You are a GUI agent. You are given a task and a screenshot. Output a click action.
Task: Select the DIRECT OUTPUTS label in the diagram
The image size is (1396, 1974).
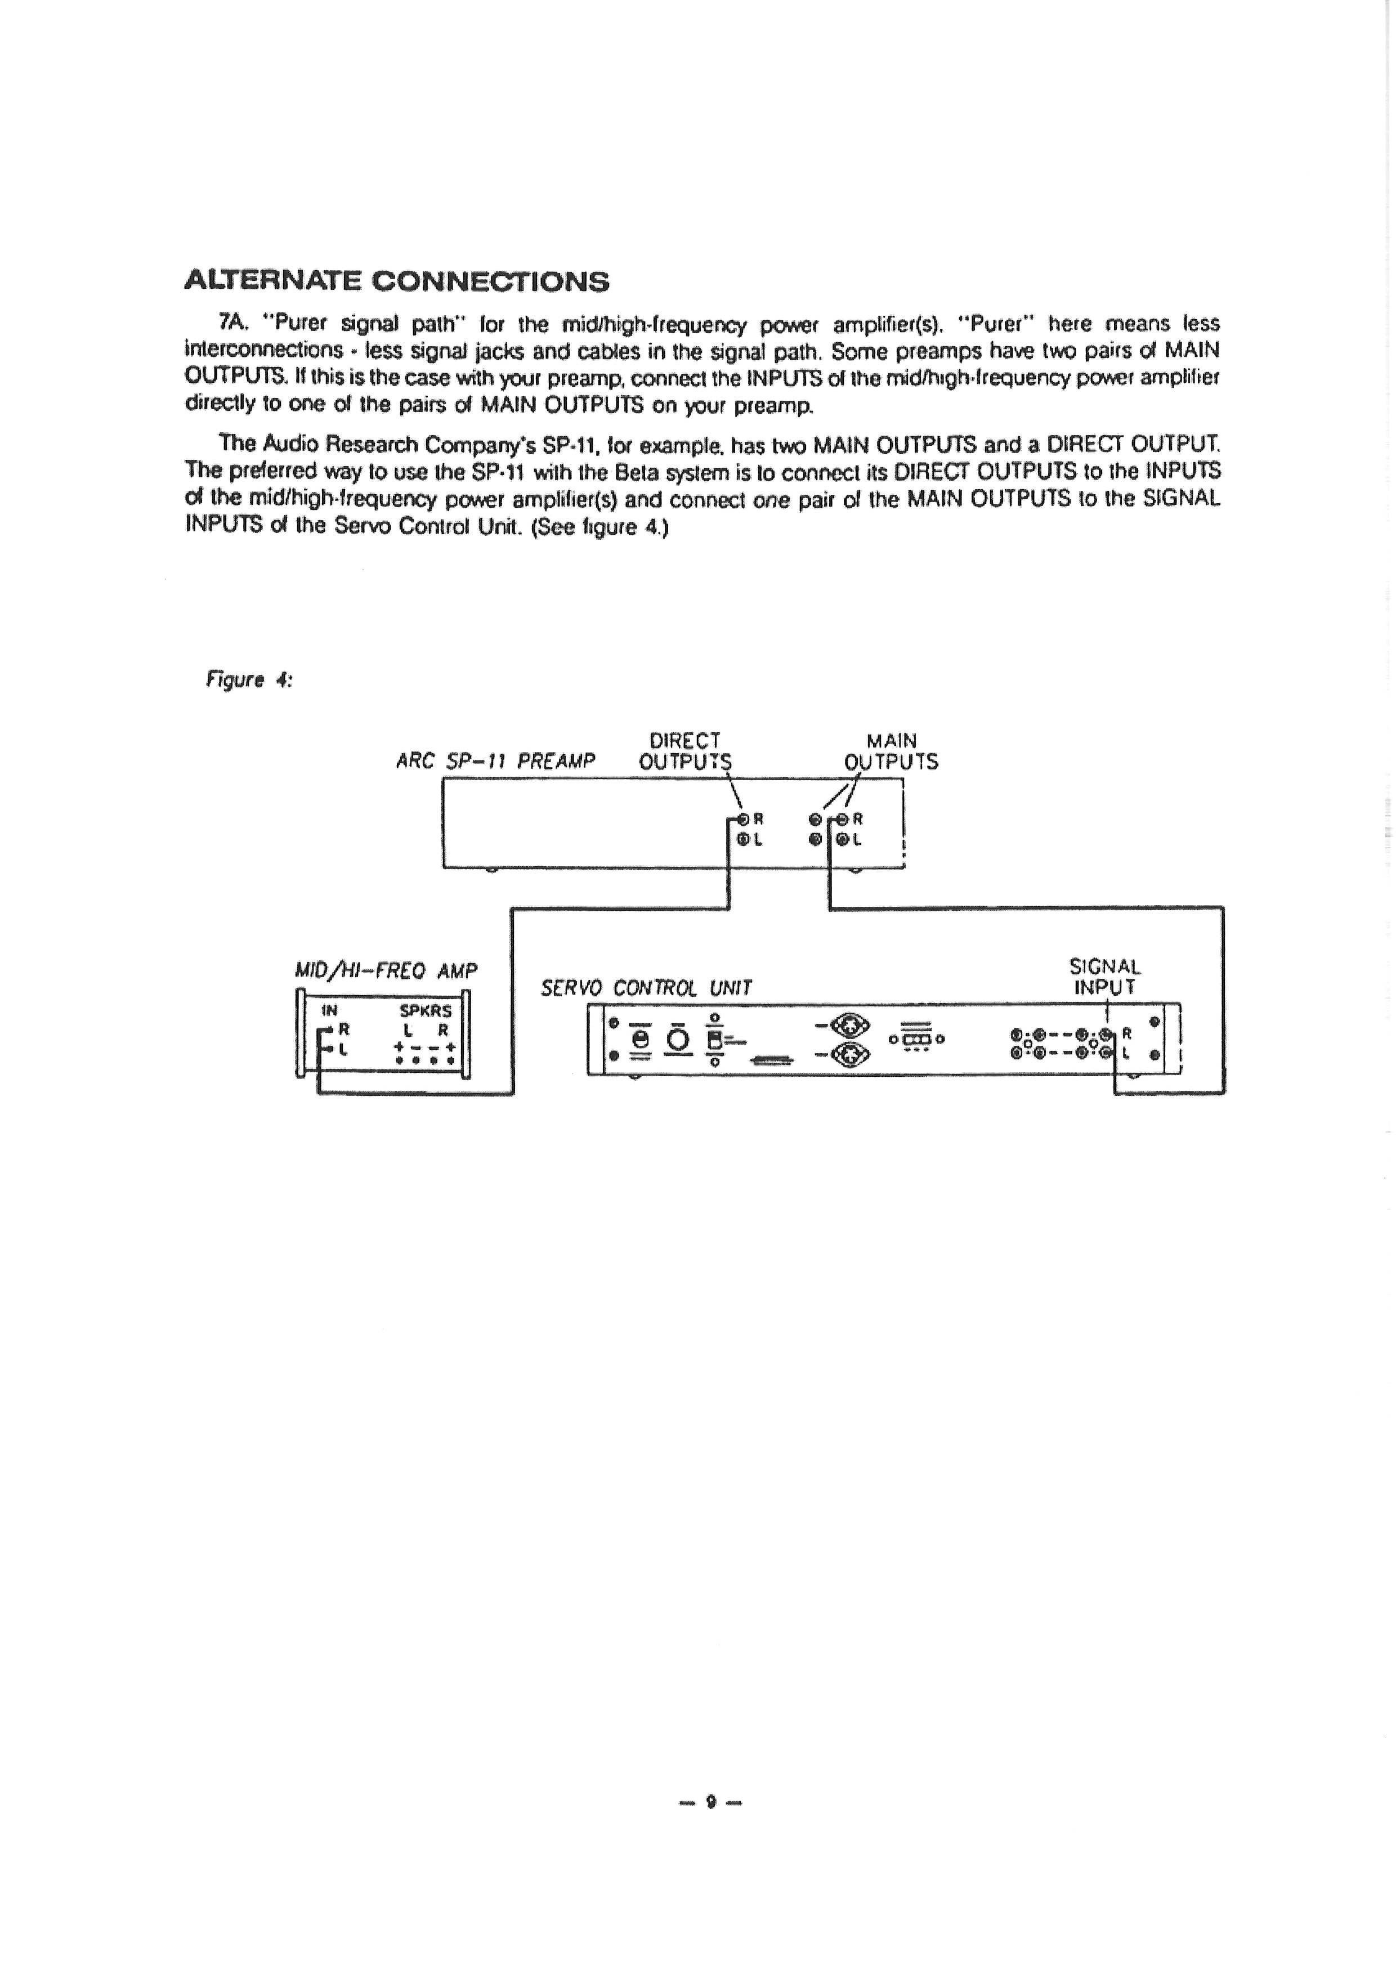click(x=685, y=751)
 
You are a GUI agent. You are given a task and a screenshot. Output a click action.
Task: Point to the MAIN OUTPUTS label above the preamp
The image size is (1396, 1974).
click(x=892, y=751)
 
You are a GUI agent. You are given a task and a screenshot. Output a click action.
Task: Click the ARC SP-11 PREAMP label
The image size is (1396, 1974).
click(x=495, y=762)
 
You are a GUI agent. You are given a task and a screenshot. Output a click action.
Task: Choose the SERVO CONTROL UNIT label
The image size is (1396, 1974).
click(x=646, y=989)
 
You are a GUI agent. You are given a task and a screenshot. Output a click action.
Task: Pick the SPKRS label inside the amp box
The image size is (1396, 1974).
click(x=426, y=1012)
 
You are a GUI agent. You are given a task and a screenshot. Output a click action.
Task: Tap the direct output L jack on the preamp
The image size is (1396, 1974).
click(x=742, y=840)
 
